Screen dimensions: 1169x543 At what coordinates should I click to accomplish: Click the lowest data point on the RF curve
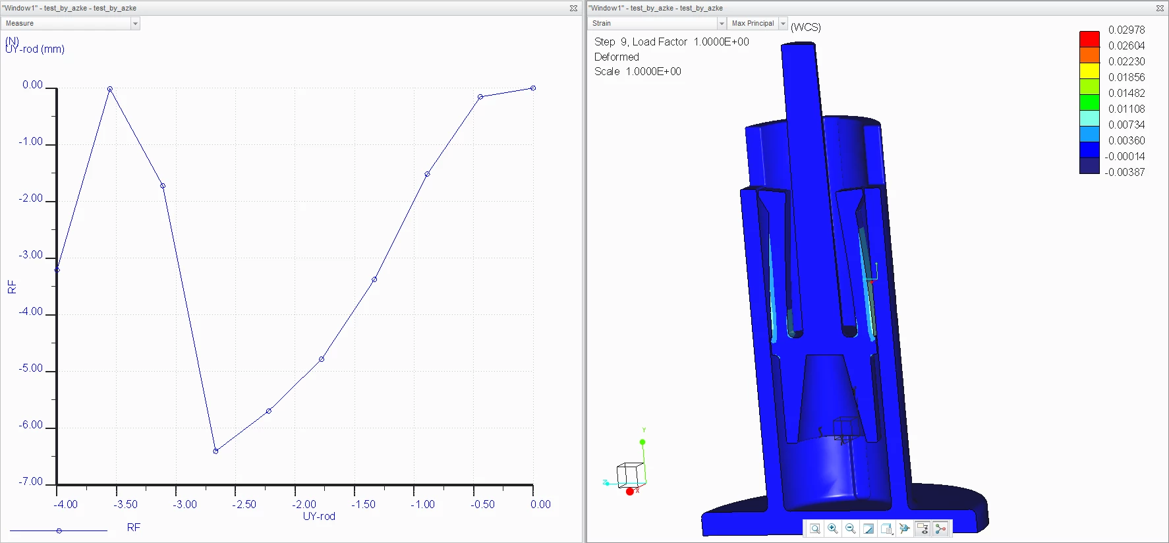[x=215, y=451]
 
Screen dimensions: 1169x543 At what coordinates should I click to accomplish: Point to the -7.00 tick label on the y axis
[x=31, y=482]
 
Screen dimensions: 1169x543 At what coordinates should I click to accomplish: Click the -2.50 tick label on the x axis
[x=244, y=504]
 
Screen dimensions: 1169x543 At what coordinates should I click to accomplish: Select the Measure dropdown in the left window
[x=71, y=23]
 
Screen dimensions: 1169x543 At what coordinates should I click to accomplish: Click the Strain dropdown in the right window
[x=656, y=23]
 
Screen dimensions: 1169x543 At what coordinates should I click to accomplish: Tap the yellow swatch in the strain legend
[x=1089, y=71]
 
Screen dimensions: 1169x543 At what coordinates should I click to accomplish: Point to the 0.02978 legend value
[x=1126, y=30]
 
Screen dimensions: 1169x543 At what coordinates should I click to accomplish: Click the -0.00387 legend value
[x=1125, y=172]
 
